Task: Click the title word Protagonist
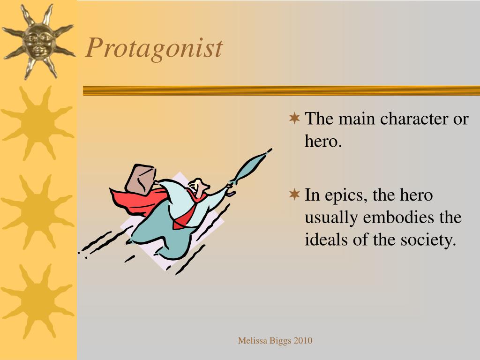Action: (x=154, y=48)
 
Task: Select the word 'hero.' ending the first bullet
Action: (x=323, y=141)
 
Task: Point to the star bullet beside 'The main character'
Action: (x=294, y=118)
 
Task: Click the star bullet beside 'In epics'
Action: (x=294, y=194)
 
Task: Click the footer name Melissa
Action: (x=253, y=341)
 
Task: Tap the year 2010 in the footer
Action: (x=303, y=341)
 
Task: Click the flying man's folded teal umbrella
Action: (x=248, y=169)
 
